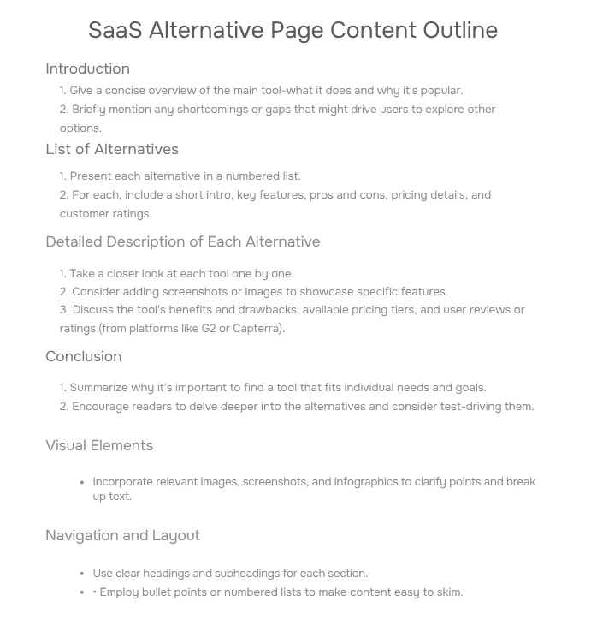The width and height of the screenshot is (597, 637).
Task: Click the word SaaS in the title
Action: pyautogui.click(x=115, y=30)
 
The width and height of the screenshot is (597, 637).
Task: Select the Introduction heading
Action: pyautogui.click(x=87, y=68)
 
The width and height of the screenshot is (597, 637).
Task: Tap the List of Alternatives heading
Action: pyautogui.click(x=112, y=149)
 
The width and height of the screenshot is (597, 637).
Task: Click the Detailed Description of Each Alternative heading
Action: pyautogui.click(x=182, y=241)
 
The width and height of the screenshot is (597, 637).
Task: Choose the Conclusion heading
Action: pyautogui.click(x=83, y=356)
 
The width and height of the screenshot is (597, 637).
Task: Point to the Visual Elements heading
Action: pyautogui.click(x=99, y=445)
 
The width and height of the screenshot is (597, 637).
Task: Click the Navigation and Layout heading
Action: pyautogui.click(x=122, y=535)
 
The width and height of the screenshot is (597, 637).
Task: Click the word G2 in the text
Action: pyautogui.click(x=209, y=328)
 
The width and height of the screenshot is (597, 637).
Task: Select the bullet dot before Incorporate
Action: pyautogui.click(x=81, y=483)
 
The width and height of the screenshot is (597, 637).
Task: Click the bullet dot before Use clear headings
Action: pyautogui.click(x=81, y=574)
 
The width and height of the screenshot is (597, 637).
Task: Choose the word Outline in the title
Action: pyautogui.click(x=460, y=30)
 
